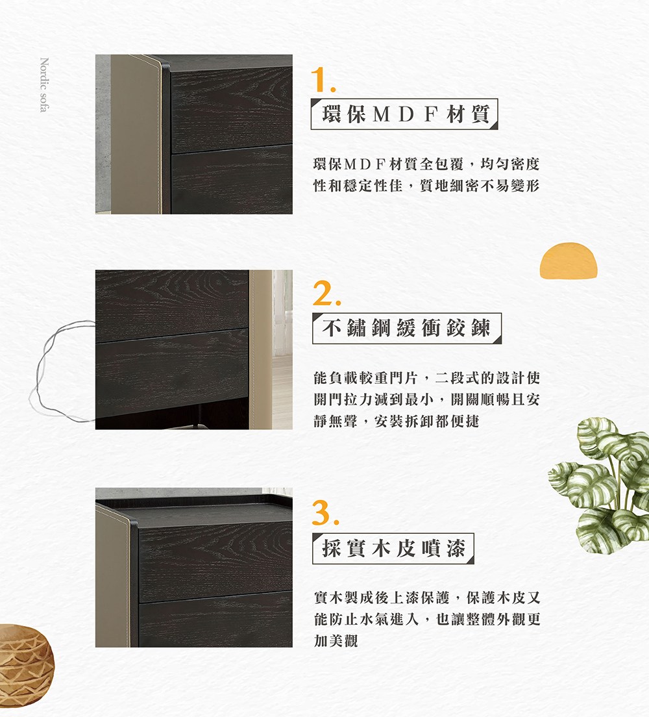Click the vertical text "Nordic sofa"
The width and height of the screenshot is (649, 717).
pyautogui.click(x=43, y=85)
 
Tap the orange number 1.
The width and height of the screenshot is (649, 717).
pyautogui.click(x=322, y=80)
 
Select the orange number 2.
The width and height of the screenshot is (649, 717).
pyautogui.click(x=326, y=296)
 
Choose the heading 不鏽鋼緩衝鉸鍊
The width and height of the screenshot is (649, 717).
pyautogui.click(x=406, y=329)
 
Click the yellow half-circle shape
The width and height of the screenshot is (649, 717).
pyautogui.click(x=568, y=261)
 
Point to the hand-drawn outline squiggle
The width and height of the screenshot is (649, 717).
pyautogui.click(x=62, y=370)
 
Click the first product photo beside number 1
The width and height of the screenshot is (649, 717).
pyautogui.click(x=193, y=134)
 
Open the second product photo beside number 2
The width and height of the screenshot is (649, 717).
pyautogui.click(x=193, y=349)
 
